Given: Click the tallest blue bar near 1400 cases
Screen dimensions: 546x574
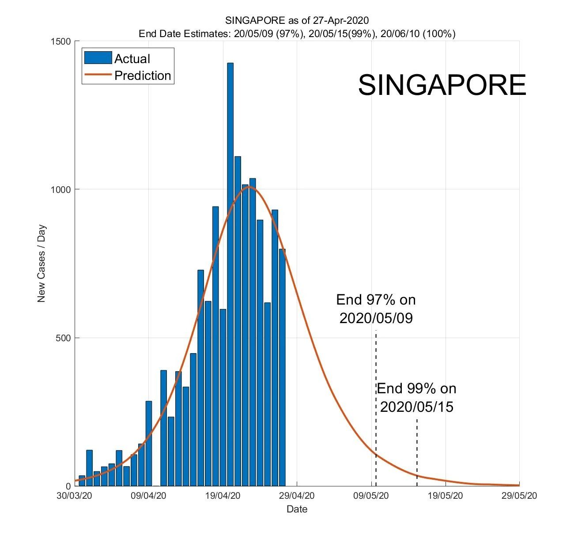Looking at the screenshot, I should (230, 274).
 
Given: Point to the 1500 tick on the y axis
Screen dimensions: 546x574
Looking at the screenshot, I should (61, 41).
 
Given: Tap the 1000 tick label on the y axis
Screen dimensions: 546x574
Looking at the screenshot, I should (61, 190).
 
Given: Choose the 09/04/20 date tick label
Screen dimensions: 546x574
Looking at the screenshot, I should (148, 496).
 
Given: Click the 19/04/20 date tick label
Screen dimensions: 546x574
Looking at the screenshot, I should (223, 496).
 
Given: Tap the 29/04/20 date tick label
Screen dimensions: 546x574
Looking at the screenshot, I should (297, 496).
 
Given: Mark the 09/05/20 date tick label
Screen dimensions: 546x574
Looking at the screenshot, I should (371, 496).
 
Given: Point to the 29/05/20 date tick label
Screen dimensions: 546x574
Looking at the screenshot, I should (519, 496).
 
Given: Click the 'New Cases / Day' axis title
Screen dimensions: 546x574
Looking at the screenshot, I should (42, 264).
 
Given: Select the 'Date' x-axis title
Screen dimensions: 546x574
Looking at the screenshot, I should (297, 509).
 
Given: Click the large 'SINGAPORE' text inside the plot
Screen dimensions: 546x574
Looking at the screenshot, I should (442, 85).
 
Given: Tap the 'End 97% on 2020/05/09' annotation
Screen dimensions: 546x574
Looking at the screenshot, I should (376, 309).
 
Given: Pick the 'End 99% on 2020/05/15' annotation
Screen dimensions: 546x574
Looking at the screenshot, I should (416, 398).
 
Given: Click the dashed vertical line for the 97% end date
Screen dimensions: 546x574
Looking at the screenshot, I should (376, 397).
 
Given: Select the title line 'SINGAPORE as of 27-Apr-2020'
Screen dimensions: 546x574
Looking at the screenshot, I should (297, 20).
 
